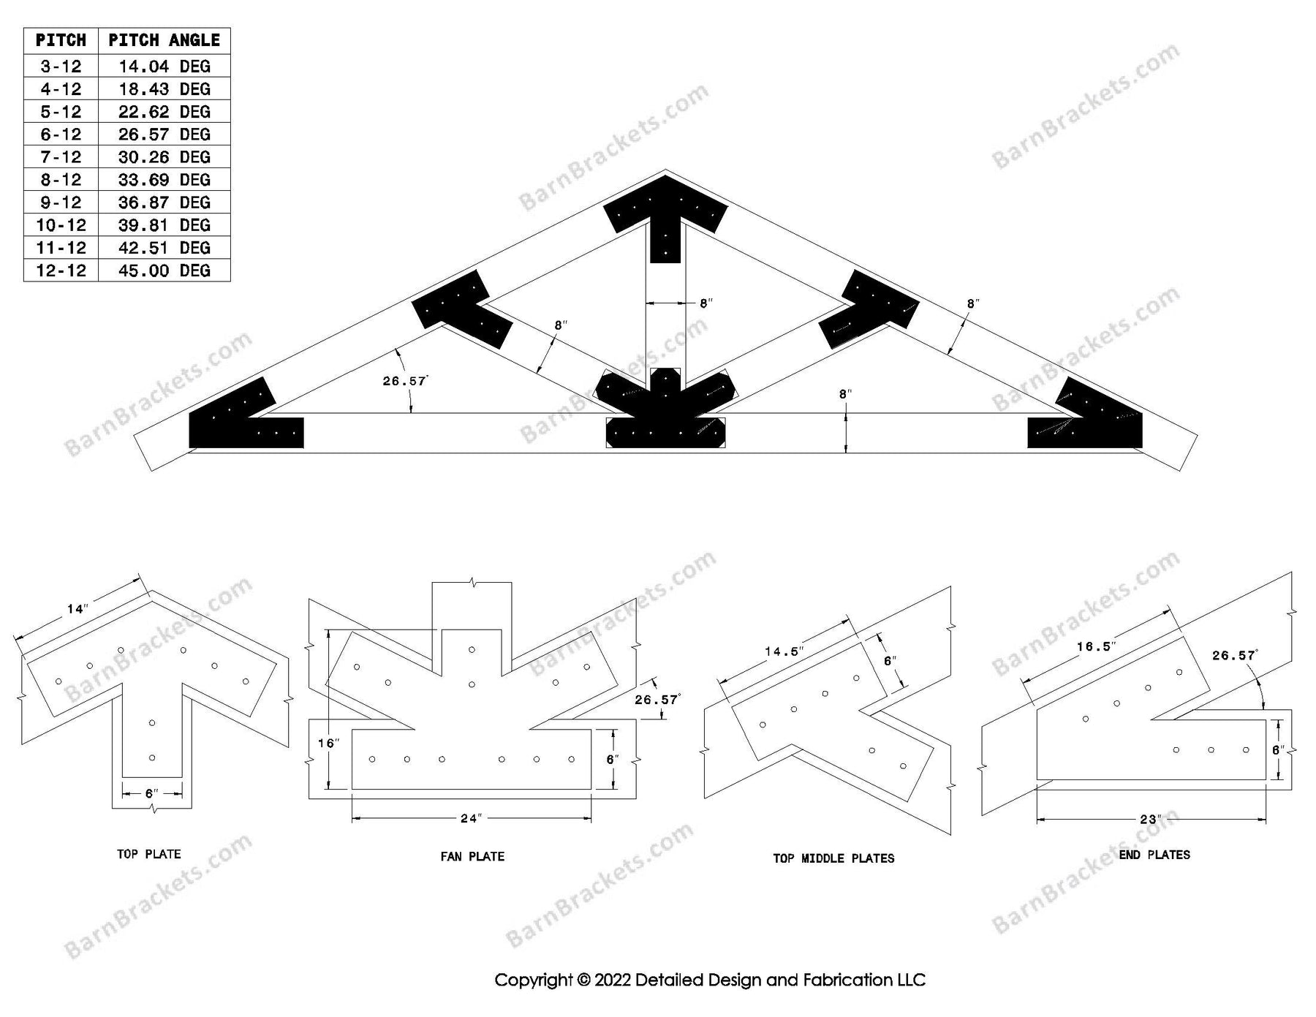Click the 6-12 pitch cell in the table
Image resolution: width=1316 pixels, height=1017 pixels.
[x=61, y=135]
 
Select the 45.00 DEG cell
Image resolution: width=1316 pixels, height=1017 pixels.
[x=164, y=271]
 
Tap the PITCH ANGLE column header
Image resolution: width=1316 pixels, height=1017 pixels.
[x=164, y=40]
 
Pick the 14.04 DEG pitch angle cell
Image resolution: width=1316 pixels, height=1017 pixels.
[x=164, y=67]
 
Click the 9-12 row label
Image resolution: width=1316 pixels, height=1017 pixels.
[x=61, y=203]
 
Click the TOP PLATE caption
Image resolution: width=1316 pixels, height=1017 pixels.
[x=148, y=854]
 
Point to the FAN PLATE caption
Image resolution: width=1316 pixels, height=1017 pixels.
[x=472, y=856]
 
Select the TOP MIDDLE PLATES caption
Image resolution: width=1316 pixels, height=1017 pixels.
[x=833, y=858]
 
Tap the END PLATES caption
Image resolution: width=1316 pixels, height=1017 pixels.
[x=1154, y=855]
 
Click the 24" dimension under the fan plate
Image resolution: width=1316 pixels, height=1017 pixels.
[x=472, y=818]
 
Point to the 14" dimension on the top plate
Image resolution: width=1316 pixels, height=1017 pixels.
[x=77, y=608]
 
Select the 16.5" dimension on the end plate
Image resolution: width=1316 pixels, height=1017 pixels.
[x=1094, y=646]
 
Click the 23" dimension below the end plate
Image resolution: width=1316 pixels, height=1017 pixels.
[x=1150, y=819]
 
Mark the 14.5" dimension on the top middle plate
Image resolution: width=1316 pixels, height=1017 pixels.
[x=784, y=651]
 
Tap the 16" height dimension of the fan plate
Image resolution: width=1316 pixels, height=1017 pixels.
[x=328, y=743]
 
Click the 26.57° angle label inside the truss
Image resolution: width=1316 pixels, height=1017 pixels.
[x=405, y=381]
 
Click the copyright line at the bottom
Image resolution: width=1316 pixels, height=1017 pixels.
[x=710, y=980]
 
